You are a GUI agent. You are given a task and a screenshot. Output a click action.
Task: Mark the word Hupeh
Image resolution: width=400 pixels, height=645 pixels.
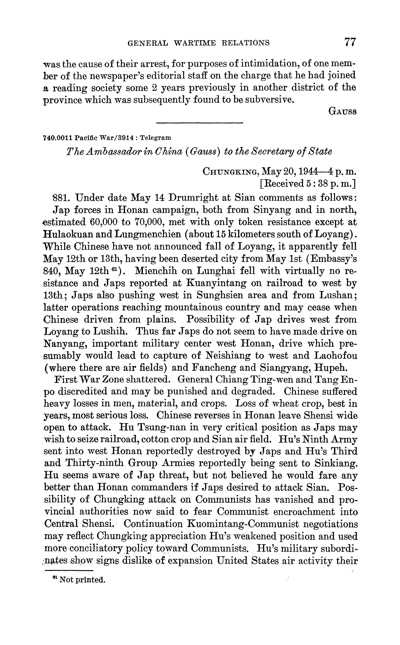pyautogui.click(x=342, y=368)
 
